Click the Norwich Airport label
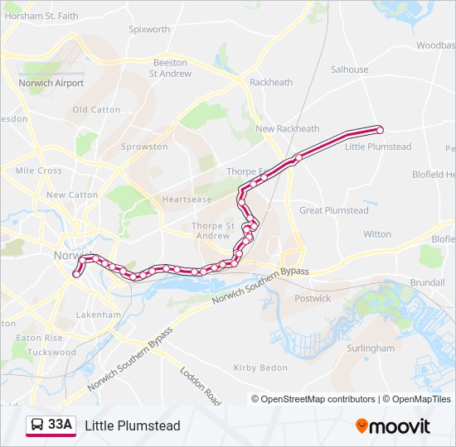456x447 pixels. point(51,83)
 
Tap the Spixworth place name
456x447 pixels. point(149,29)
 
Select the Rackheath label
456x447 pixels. point(271,82)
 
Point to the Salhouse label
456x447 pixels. point(349,70)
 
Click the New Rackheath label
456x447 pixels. point(287,128)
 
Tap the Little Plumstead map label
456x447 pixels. point(378,147)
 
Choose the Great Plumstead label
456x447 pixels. point(334,210)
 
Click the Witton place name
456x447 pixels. point(377,234)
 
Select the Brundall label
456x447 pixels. point(428,282)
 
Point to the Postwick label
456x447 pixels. point(313,298)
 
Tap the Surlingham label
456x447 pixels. point(370,348)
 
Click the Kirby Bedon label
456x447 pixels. point(260,368)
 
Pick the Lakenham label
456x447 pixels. point(99,315)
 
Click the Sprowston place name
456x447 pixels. point(144,147)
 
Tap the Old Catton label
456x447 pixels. point(96,109)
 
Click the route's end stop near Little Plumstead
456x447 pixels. point(380,129)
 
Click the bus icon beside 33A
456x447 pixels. point(37,425)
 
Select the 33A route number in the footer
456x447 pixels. point(61,425)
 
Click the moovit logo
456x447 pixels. point(393,426)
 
